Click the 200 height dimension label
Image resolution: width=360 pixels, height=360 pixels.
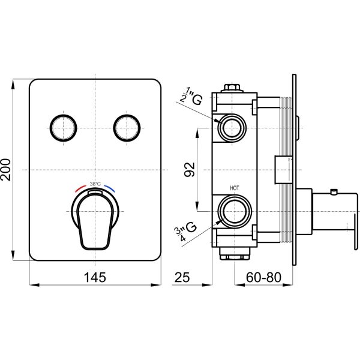tap(5, 170)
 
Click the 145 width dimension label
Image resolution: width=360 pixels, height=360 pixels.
tap(95, 277)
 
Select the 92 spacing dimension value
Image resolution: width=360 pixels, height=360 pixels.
tap(190, 169)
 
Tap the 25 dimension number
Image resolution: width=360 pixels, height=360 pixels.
tap(182, 277)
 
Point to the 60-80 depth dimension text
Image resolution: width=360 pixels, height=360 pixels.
tap(263, 277)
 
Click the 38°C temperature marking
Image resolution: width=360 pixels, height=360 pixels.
tap(95, 184)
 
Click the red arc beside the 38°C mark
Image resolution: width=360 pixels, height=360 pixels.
tap(80, 188)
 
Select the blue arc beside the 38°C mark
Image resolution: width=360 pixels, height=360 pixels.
tap(109, 188)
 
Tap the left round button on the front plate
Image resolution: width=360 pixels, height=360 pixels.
tap(63, 128)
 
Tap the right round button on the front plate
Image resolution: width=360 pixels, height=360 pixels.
tap(127, 128)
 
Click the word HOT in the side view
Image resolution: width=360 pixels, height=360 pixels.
tap(235, 188)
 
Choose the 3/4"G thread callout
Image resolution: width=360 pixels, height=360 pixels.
tap(187, 231)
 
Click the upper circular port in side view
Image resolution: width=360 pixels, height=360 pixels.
tap(232, 128)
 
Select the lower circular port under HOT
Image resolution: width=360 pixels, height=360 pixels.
tap(235, 211)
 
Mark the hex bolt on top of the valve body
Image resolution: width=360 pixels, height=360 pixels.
tap(232, 88)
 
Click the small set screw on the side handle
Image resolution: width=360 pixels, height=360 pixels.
tap(334, 191)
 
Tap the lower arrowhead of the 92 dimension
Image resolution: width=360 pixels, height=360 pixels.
tap(197, 206)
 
